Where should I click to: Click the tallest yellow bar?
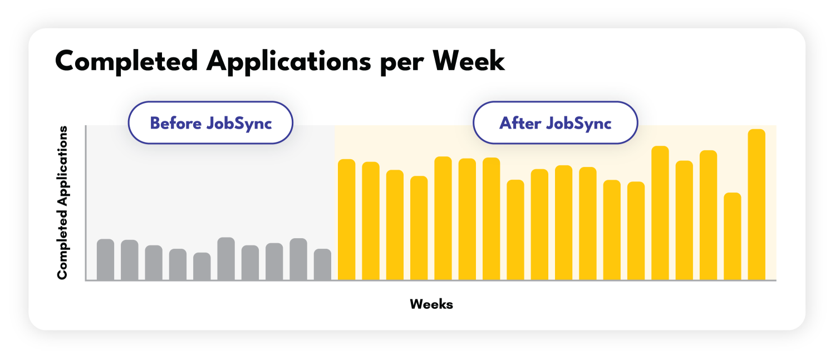(x=757, y=204)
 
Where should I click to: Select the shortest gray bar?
(x=202, y=266)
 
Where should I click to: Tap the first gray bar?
(x=106, y=259)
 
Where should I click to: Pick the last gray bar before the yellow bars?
(x=322, y=264)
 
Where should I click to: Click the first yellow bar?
(x=346, y=219)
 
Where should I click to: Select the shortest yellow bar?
(x=733, y=236)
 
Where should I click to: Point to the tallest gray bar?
(x=226, y=259)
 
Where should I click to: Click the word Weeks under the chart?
(x=431, y=304)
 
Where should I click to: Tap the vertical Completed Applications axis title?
(x=62, y=203)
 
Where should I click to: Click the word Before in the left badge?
(x=175, y=123)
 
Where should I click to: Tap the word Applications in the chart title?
(x=289, y=62)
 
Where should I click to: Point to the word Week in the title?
(x=469, y=61)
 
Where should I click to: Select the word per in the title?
(x=402, y=64)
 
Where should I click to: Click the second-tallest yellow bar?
(x=660, y=213)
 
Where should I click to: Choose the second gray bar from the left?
(x=130, y=260)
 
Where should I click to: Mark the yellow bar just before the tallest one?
(x=733, y=236)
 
